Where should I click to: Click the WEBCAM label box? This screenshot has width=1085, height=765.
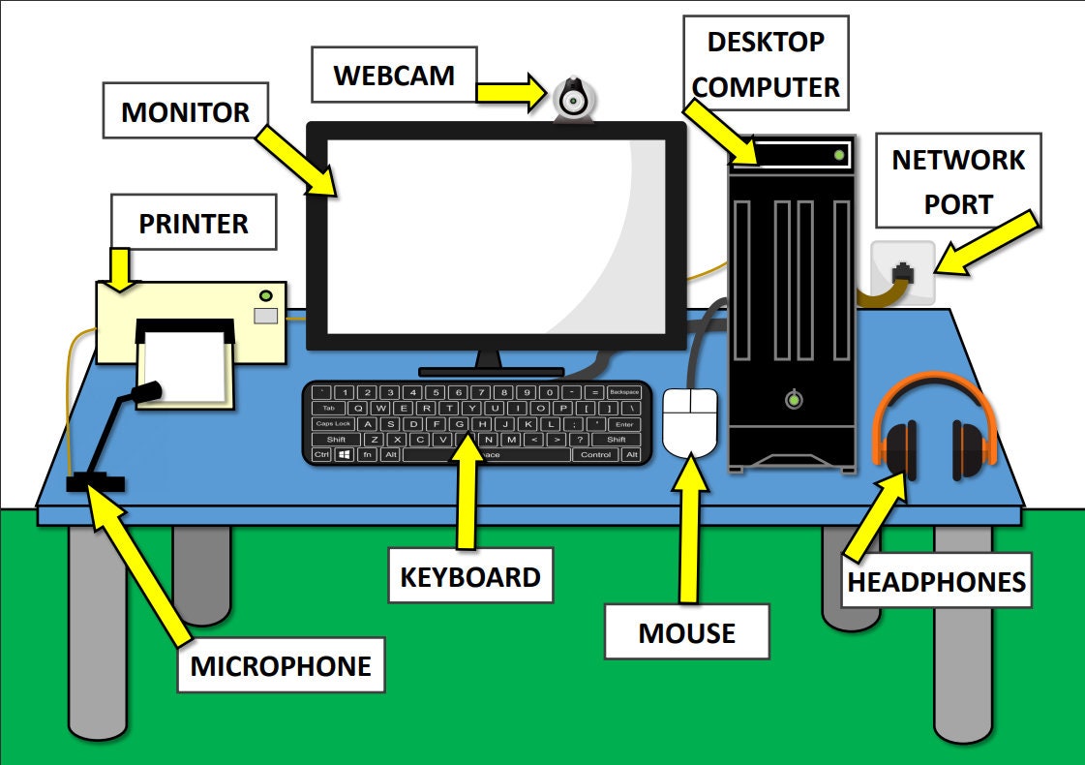394,76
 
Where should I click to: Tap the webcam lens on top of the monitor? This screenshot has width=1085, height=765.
574,99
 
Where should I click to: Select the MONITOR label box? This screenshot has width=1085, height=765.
185,111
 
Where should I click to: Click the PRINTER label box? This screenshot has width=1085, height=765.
194,223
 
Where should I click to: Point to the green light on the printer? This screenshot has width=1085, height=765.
264,295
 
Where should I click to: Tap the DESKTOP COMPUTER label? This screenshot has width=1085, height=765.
766,64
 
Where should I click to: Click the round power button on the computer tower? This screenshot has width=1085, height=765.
794,399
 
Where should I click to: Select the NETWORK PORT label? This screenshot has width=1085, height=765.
957,181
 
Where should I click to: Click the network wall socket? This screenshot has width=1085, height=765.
903,273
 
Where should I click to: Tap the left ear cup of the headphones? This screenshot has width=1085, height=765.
900,450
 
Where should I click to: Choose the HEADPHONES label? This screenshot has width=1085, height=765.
936,582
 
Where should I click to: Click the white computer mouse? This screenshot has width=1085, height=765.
690,422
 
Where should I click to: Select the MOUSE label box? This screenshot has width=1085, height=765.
686,632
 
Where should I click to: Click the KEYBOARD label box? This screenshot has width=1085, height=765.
470,577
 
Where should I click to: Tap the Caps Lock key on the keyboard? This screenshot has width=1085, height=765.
333,423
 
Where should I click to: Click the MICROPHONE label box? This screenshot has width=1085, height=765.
281,665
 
